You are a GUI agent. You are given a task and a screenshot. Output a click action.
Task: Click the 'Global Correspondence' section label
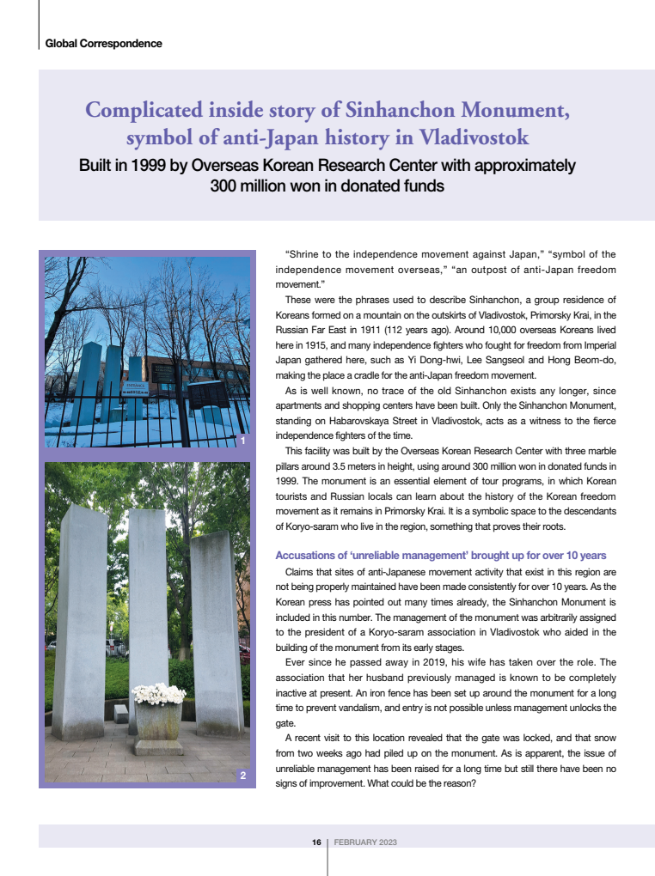coord(103,43)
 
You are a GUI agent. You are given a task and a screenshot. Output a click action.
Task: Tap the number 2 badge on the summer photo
coord(243,776)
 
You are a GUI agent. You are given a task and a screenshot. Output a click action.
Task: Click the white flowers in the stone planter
coord(158,693)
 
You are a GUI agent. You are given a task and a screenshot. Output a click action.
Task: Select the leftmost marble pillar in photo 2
coord(80,618)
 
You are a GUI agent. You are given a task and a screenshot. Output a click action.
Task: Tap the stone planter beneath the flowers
coord(158,721)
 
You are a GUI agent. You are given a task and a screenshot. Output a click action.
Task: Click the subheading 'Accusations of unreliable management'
coord(440,556)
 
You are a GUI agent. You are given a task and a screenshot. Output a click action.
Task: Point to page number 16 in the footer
coord(316,843)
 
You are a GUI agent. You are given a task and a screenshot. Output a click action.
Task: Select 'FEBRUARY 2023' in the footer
coord(365,843)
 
